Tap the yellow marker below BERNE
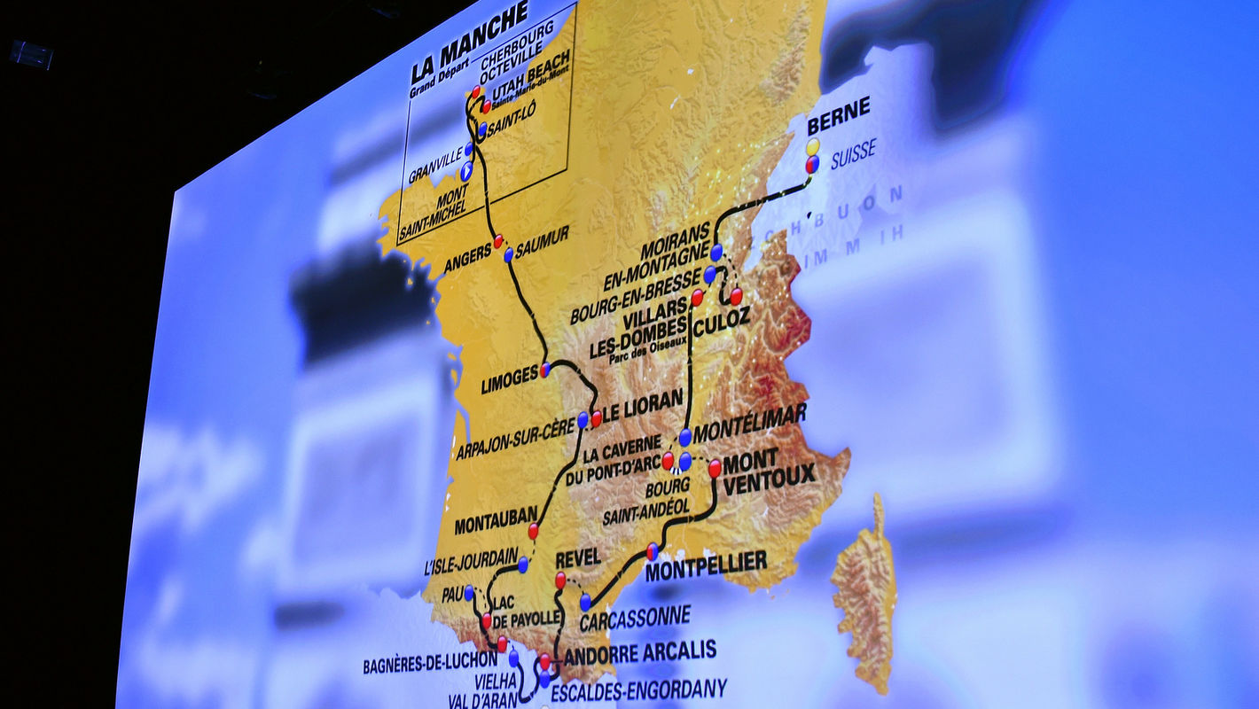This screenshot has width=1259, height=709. click(x=813, y=146)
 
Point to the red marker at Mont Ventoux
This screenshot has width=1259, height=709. click(x=715, y=468)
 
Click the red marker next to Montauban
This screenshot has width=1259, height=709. click(x=533, y=530)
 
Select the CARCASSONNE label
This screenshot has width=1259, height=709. click(x=635, y=618)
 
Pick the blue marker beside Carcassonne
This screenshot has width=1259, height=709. click(x=585, y=602)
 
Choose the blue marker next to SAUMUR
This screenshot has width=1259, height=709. click(x=509, y=255)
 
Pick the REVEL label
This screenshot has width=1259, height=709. click(x=578, y=557)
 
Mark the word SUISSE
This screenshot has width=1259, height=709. click(x=853, y=155)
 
